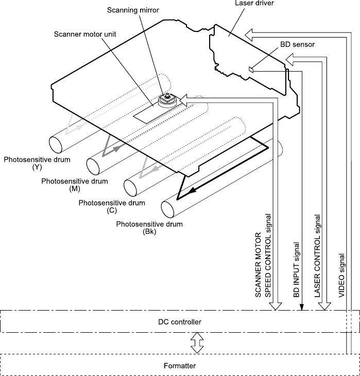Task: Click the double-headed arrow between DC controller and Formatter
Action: [x=195, y=343]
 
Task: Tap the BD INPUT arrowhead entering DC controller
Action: [x=301, y=307]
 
